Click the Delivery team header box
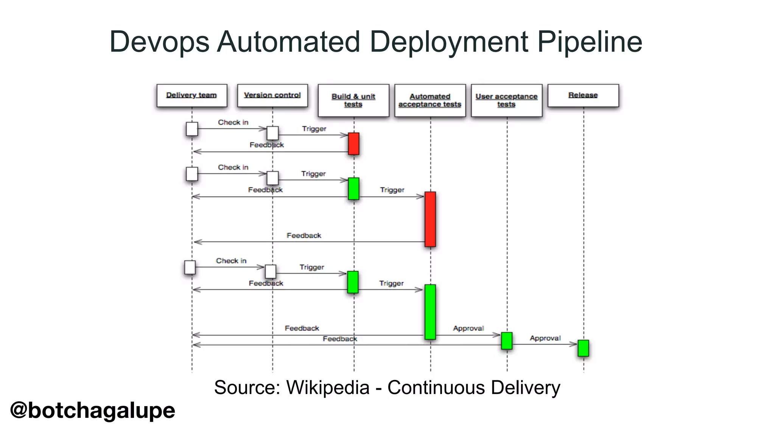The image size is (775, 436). tap(192, 95)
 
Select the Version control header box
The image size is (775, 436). tap(272, 95)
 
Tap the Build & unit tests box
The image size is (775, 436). tap(353, 100)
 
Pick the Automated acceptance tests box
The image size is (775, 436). tap(430, 100)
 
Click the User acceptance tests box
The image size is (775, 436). tap(506, 100)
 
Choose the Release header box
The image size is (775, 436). tap(583, 95)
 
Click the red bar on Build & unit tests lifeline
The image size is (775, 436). tap(353, 143)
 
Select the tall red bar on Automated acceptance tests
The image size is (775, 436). tap(430, 219)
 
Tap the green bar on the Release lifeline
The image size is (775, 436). tap(583, 348)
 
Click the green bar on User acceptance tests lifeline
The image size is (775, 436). tap(507, 341)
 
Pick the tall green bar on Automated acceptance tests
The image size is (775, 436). tap(430, 312)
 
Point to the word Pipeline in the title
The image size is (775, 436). tap(590, 42)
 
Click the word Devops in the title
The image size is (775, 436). tap(159, 42)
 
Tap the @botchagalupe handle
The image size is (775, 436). tap(93, 410)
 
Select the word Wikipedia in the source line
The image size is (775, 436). tap(328, 388)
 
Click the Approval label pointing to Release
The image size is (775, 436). tap(545, 338)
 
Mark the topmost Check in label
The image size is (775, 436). tap(233, 122)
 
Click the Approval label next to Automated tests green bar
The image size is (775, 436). tap(468, 328)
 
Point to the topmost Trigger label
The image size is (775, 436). tap(314, 129)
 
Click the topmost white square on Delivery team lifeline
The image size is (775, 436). tap(192, 129)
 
